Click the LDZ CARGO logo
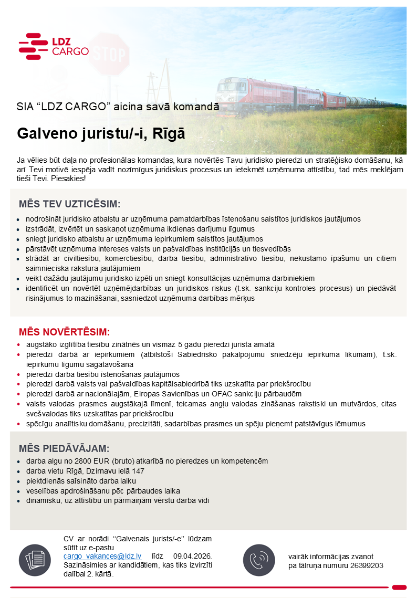click(x=53, y=46)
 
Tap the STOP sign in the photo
click(x=108, y=54)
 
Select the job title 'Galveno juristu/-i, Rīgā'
click(x=101, y=133)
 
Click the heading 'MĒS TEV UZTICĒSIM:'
click(x=70, y=204)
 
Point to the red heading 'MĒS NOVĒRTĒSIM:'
click(x=65, y=332)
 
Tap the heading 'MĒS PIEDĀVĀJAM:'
click(x=64, y=448)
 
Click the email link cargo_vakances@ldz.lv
click(x=102, y=556)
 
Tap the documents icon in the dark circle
click(x=35, y=560)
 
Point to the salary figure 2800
click(x=91, y=461)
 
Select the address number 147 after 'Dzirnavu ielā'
click(x=138, y=471)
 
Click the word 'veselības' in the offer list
click(x=40, y=491)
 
